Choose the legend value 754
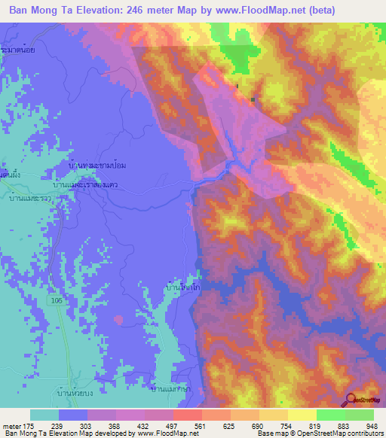[x=269, y=425]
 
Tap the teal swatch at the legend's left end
[x=44, y=415]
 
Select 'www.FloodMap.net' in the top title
[x=249, y=11]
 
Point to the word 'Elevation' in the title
[x=96, y=11]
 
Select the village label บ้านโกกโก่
[x=182, y=287]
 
